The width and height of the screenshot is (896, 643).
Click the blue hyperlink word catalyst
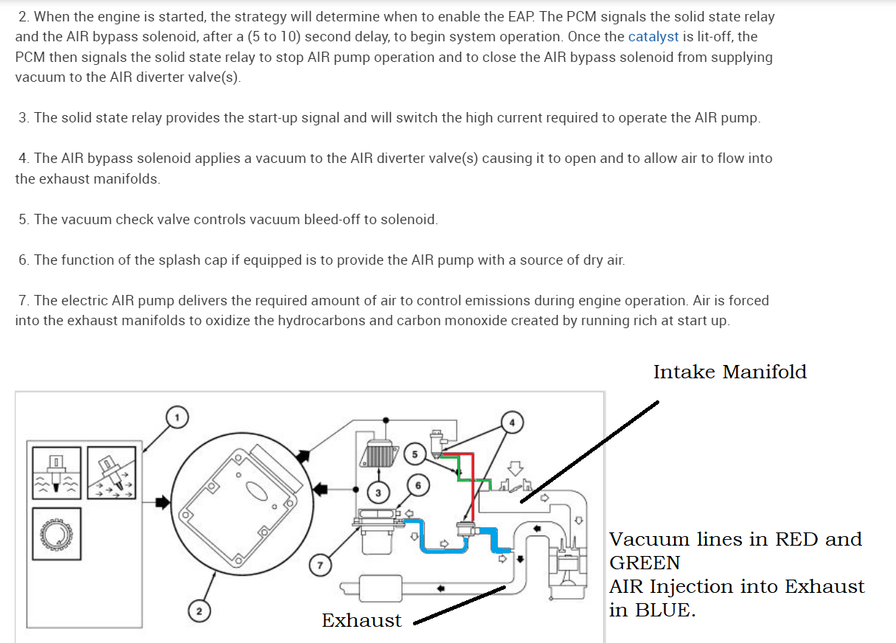(x=653, y=36)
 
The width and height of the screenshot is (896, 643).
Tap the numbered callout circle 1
(x=176, y=417)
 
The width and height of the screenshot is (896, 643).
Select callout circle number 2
(x=198, y=611)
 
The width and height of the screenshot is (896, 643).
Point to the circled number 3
(x=378, y=493)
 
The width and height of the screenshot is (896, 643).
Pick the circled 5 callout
(x=414, y=453)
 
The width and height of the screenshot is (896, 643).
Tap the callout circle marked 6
(x=418, y=484)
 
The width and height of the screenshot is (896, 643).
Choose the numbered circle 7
(x=319, y=566)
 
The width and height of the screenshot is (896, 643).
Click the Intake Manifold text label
(x=729, y=372)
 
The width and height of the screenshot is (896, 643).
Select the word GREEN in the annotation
(x=645, y=563)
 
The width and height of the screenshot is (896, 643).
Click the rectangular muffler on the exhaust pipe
(x=380, y=588)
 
